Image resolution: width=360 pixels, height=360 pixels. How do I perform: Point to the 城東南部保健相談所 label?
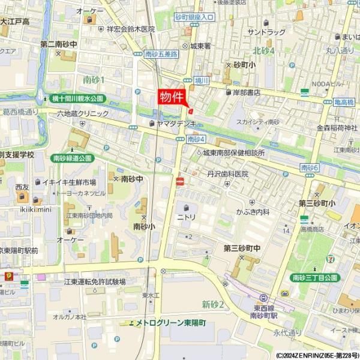pyautogui.click(x=233, y=153)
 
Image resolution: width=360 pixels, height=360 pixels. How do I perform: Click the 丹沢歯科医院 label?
pyautogui.click(x=227, y=173)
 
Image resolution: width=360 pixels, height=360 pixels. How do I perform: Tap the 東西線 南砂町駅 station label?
pyautogui.click(x=263, y=311)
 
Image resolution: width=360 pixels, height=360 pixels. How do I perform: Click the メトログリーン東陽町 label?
pyautogui.click(x=170, y=323)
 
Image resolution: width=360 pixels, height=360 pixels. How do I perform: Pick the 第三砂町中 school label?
pyautogui.click(x=242, y=248)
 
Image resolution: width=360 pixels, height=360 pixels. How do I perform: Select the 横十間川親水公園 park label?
pyautogui.click(x=77, y=98)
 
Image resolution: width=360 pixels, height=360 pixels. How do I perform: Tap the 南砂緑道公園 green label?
pyautogui.click(x=73, y=158)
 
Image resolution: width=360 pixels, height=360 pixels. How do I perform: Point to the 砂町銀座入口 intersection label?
pyautogui.click(x=195, y=17)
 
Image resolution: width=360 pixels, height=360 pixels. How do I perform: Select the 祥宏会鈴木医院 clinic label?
pyautogui.click(x=130, y=29)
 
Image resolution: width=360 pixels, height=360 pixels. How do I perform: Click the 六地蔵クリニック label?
pyautogui.click(x=83, y=113)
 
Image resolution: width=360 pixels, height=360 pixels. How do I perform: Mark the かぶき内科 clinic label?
pyautogui.click(x=252, y=212)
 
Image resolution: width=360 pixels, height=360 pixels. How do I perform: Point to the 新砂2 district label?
pyautogui.click(x=212, y=305)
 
